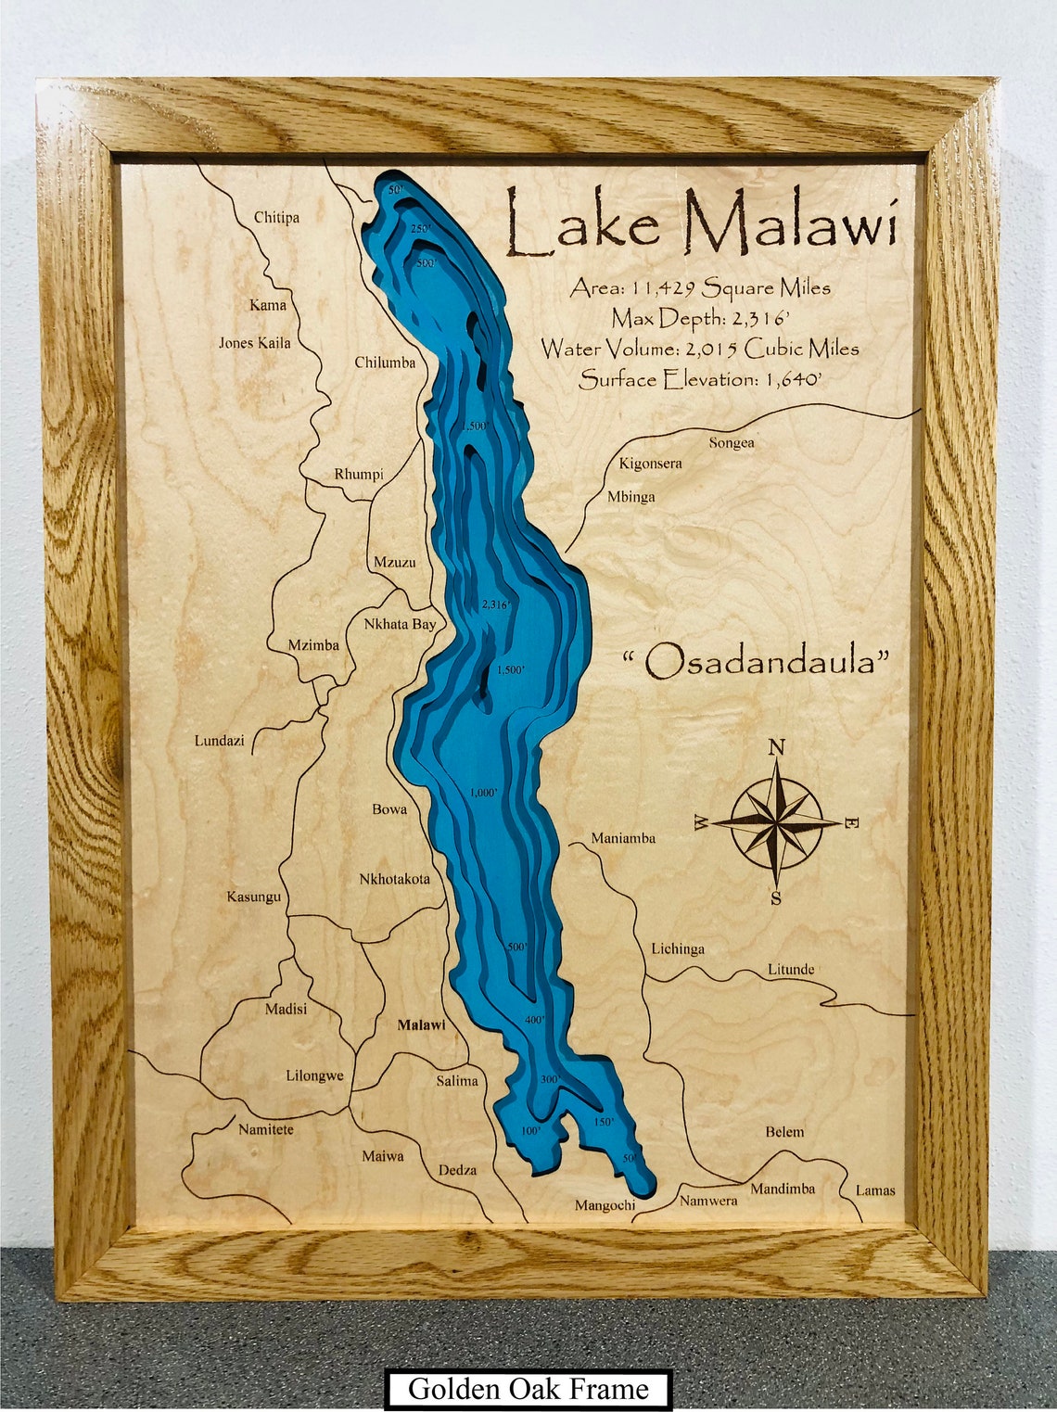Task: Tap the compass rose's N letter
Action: click(x=777, y=747)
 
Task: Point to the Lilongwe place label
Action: click(x=314, y=1076)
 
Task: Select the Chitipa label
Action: click(x=276, y=218)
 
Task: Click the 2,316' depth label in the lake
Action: click(x=495, y=604)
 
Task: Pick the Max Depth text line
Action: click(x=700, y=319)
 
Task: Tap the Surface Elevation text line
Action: click(x=700, y=379)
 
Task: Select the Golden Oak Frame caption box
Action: click(x=528, y=1389)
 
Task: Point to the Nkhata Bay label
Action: click(x=400, y=624)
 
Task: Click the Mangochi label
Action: click(x=605, y=1205)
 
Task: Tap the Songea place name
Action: click(x=732, y=443)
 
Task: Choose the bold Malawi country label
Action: click(x=421, y=1024)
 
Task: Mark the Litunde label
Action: click(x=790, y=970)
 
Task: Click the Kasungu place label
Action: click(x=253, y=897)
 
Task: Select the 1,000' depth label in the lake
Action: click(x=483, y=793)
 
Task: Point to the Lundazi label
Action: click(x=219, y=741)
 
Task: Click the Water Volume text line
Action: click(x=700, y=349)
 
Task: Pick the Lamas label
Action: click(x=874, y=1189)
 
